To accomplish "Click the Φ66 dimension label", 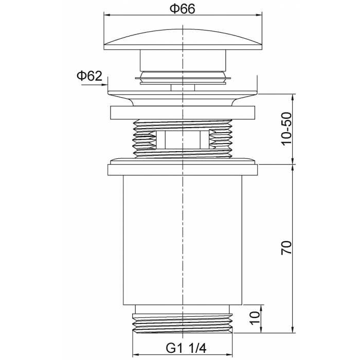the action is [x=182, y=9].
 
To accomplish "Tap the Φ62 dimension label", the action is [x=89, y=76].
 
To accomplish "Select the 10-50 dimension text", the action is [x=287, y=129].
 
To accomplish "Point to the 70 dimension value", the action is [x=287, y=247].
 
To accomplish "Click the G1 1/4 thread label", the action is [x=186, y=348].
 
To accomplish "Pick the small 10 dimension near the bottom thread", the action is [x=255, y=318].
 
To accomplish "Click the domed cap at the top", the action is [x=183, y=40].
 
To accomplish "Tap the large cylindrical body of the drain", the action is [x=183, y=240].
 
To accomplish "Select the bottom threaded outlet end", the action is [x=183, y=323].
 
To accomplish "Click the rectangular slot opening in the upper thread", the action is [x=183, y=139].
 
